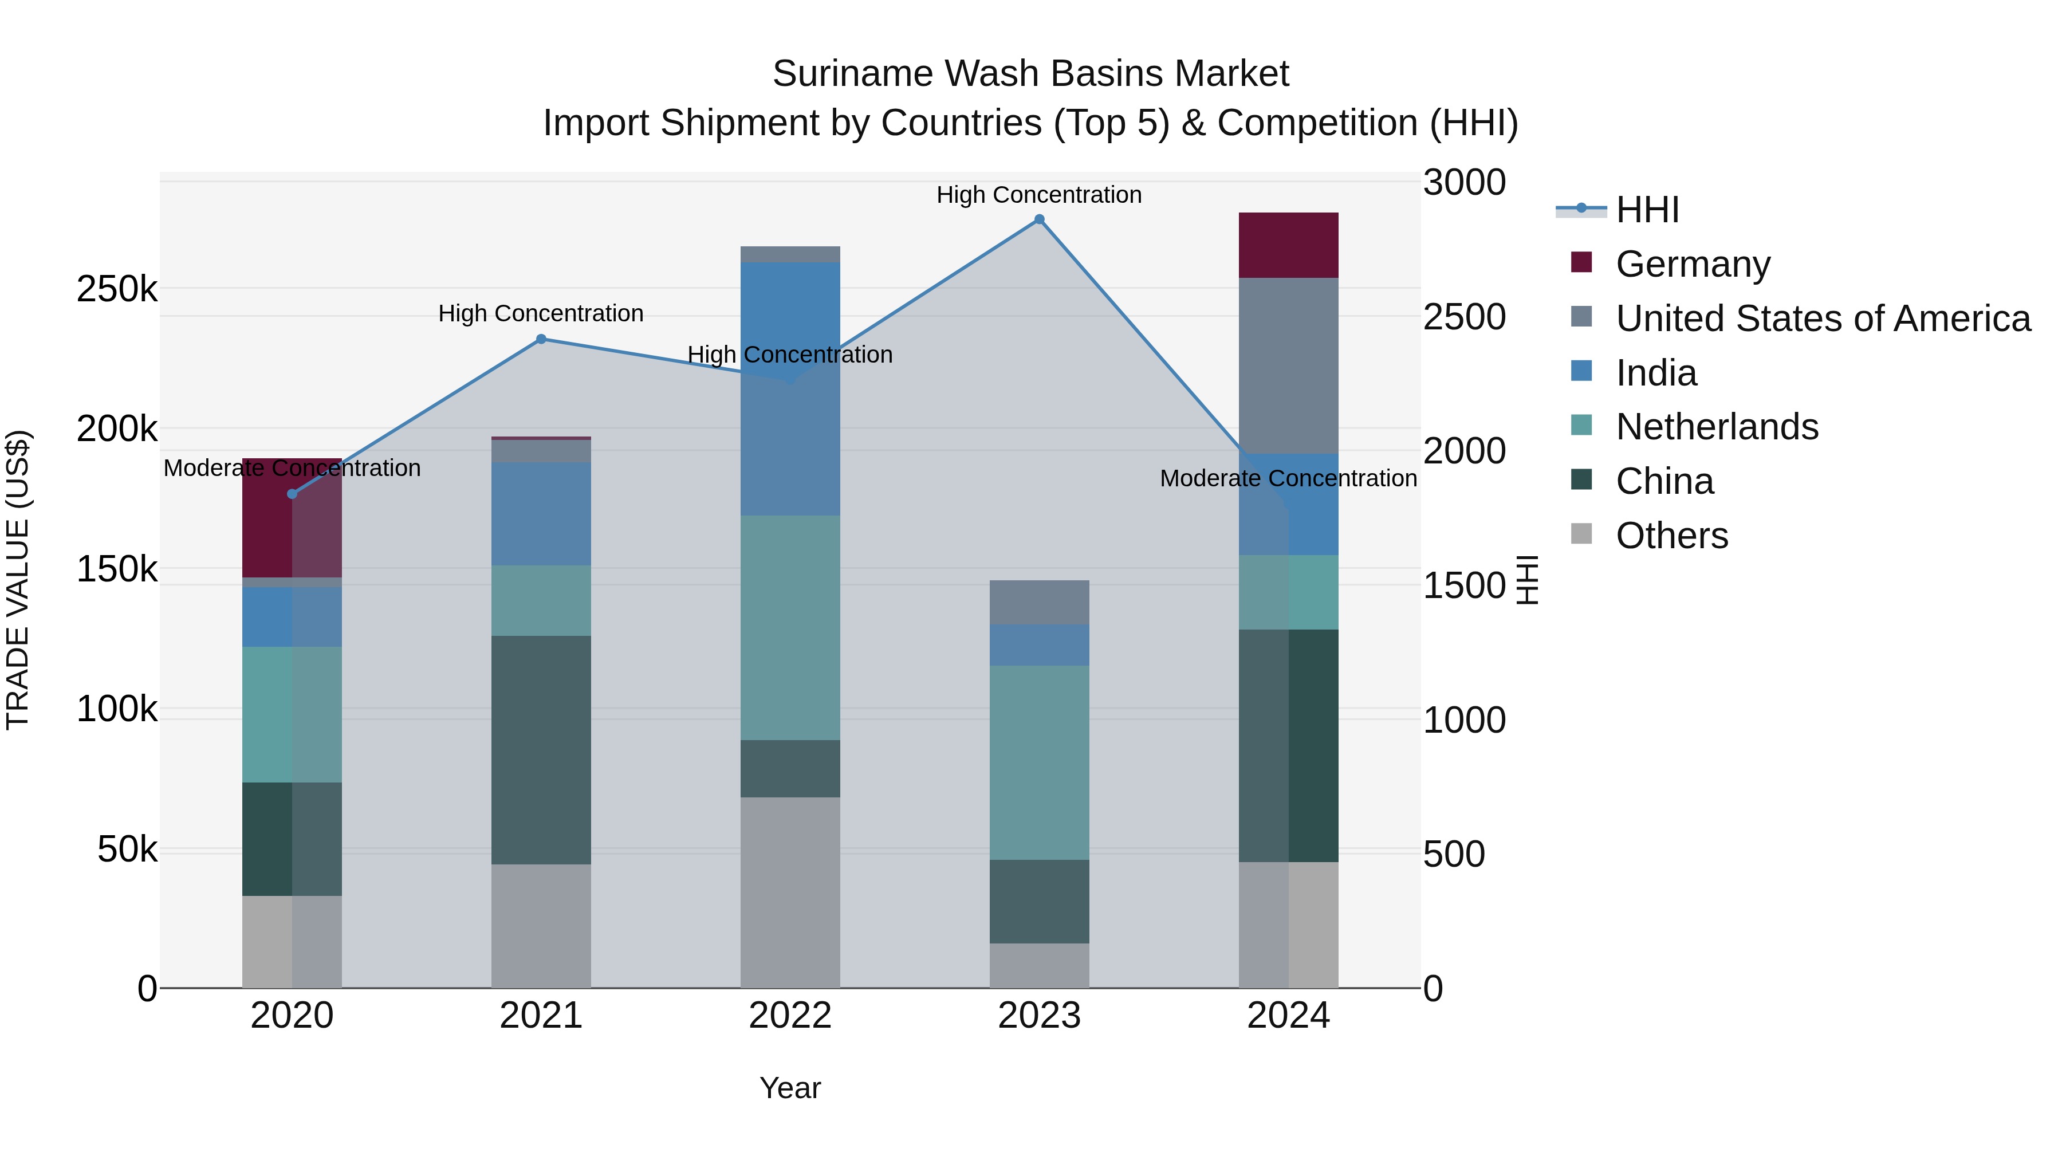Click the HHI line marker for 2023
tap(1039, 219)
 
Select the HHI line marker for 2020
tap(292, 494)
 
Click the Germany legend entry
tap(1692, 264)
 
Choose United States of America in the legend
tap(1823, 318)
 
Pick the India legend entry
tap(1655, 372)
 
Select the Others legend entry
tap(1671, 536)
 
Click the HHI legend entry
tap(1647, 210)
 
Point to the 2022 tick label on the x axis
tap(790, 1016)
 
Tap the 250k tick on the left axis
tap(117, 289)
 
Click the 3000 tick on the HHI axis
tap(1464, 183)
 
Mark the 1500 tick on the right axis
tap(1464, 585)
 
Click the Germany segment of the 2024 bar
tap(1288, 245)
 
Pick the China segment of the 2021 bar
tap(541, 749)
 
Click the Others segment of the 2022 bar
tap(790, 892)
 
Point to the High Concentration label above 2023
tap(1039, 195)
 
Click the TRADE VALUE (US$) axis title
tap(18, 580)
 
